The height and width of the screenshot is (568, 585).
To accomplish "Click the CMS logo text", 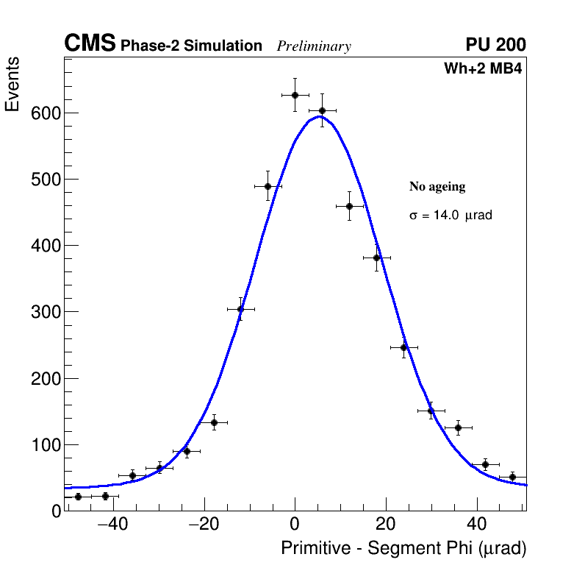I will (x=90, y=44).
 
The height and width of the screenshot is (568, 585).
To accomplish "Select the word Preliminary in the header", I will (x=314, y=46).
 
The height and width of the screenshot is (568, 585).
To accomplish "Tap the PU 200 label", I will (x=495, y=45).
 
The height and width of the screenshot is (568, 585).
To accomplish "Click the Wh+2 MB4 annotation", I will (x=483, y=68).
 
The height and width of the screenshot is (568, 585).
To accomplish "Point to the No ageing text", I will (x=437, y=187).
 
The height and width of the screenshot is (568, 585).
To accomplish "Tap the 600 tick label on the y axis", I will (x=45, y=113).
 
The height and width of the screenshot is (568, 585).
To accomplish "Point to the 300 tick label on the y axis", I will (x=45, y=312).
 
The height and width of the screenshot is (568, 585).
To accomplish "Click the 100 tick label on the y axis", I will (x=45, y=444).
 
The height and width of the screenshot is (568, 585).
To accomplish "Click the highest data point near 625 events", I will (x=295, y=95).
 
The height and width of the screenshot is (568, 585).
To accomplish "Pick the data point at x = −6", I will (x=268, y=186).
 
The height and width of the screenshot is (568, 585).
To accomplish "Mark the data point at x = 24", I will (x=403, y=347).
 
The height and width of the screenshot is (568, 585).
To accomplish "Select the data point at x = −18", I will (x=214, y=422).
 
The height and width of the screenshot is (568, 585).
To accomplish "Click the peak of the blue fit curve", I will (x=319, y=116).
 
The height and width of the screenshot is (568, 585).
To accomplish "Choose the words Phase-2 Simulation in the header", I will (x=191, y=46).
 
